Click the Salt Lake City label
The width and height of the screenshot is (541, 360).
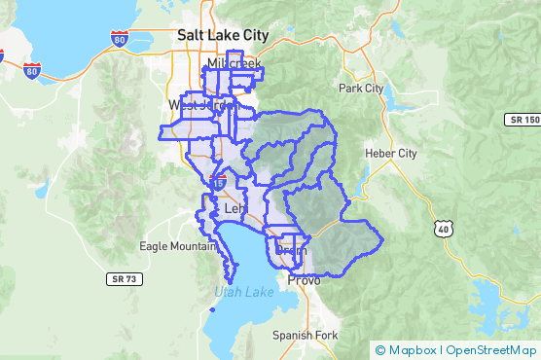(x=222, y=34)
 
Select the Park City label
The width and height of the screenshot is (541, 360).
(x=360, y=89)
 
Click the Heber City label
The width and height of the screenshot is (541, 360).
(x=389, y=154)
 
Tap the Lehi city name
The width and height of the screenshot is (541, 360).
(x=235, y=208)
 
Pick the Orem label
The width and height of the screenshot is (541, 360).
(x=291, y=250)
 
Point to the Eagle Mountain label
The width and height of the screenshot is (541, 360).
(x=174, y=246)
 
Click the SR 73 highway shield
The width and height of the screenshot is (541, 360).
(x=120, y=278)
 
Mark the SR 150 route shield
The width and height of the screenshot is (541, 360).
(x=523, y=120)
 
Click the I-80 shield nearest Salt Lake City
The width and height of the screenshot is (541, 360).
(x=119, y=40)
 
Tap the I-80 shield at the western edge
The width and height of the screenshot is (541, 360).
(x=32, y=71)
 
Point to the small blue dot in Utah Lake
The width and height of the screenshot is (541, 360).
(x=211, y=309)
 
